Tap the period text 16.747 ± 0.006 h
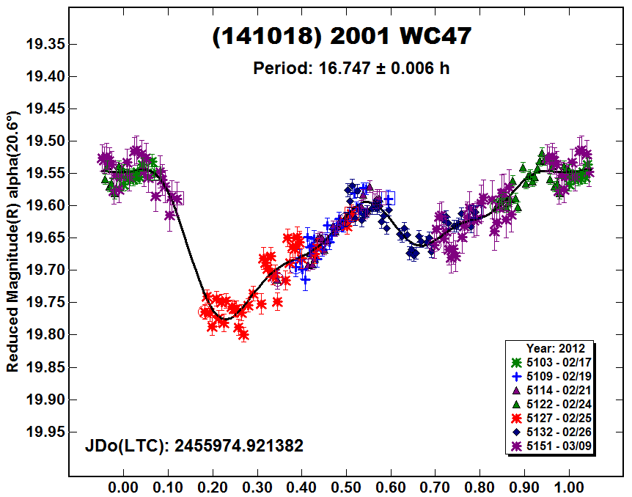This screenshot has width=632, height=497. point(350,68)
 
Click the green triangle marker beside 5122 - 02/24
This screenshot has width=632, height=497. point(517,404)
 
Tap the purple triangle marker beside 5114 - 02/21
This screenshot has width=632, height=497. point(517,390)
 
